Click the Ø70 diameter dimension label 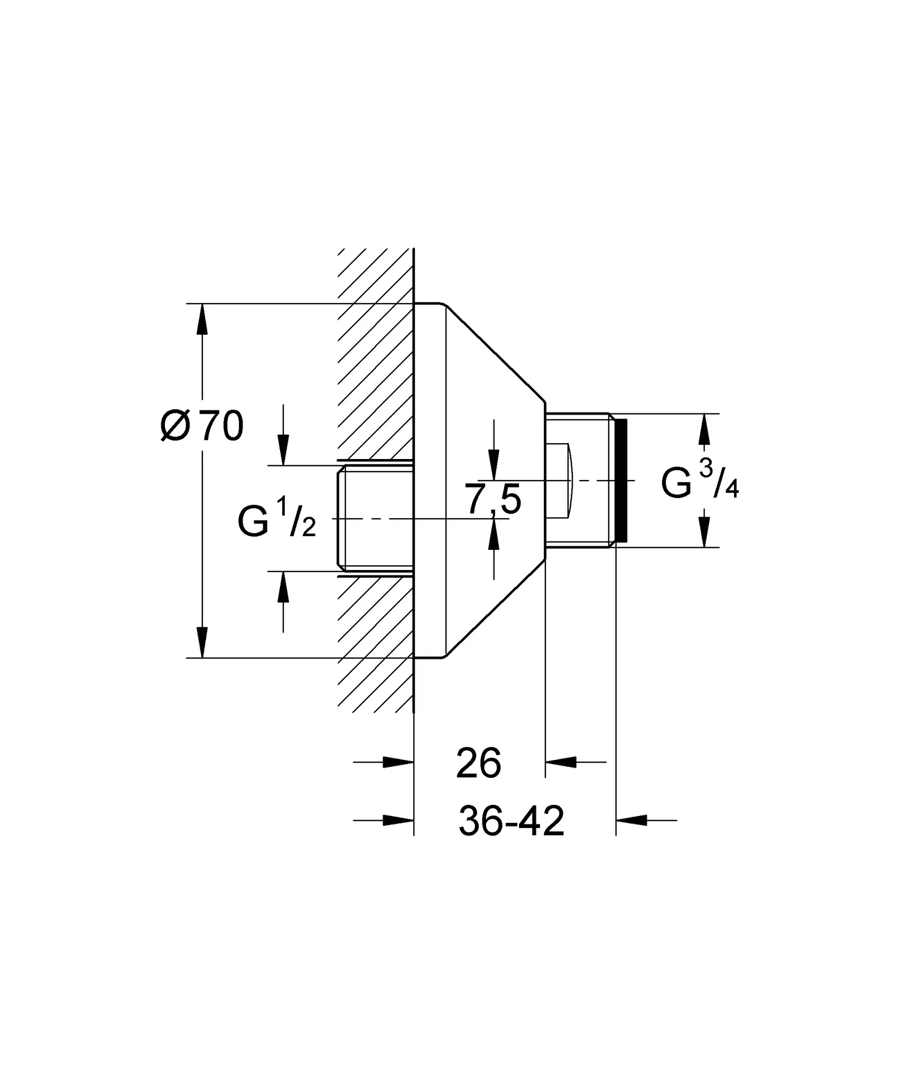pos(202,426)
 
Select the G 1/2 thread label pos(276,519)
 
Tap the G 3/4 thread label pos(700,480)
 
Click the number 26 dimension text pos(478,764)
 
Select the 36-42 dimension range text pos(512,821)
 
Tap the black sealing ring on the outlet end pos(621,480)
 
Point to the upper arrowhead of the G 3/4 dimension pos(703,429)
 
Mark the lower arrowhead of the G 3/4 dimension pos(703,531)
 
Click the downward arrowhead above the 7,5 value pos(494,465)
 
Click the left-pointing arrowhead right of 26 pos(560,762)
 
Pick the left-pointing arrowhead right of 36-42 pos(632,820)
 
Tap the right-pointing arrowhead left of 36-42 pos(397,820)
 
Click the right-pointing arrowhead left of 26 pos(397,762)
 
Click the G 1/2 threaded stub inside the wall pos(375,518)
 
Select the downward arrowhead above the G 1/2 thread pos(283,450)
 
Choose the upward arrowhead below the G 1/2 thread pos(283,586)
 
